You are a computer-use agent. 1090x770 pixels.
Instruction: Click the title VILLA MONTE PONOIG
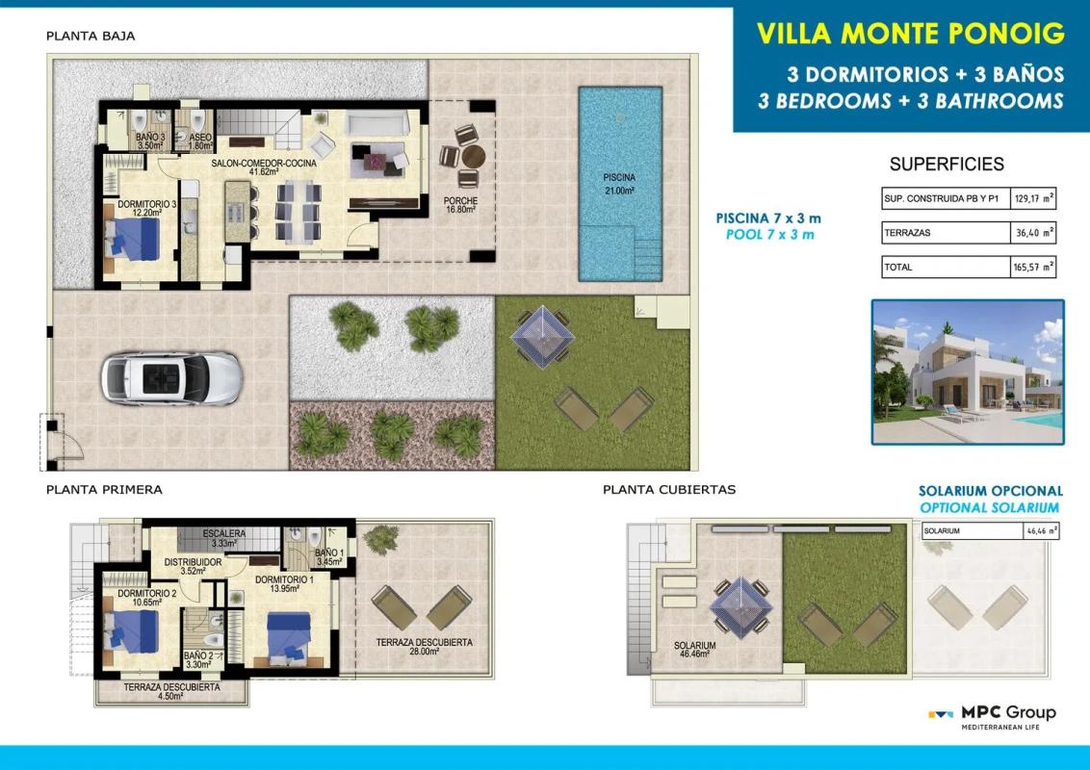coord(910,33)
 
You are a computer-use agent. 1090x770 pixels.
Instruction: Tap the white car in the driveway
coord(171,378)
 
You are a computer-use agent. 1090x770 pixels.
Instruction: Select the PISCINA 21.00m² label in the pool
coord(619,184)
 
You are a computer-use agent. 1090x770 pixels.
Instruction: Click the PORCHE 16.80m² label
coord(460,204)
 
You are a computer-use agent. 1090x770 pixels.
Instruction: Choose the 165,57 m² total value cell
coord(1033,267)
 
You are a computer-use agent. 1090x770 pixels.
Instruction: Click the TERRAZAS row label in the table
coord(907,233)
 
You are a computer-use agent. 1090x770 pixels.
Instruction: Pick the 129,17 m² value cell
coord(1033,198)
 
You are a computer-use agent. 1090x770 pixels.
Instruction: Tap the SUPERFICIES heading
coord(947,164)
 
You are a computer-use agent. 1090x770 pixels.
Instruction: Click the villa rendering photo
coord(968,372)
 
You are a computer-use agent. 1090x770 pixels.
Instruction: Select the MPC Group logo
coord(993,717)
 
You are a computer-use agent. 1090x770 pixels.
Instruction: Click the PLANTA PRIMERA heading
coord(104,489)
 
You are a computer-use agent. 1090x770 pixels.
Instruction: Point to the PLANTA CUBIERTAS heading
coord(669,489)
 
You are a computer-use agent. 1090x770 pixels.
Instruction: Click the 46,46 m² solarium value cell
coord(1041,531)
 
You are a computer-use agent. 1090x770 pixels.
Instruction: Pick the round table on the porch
coord(474,156)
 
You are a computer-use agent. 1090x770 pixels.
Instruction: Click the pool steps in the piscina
coord(647,259)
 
